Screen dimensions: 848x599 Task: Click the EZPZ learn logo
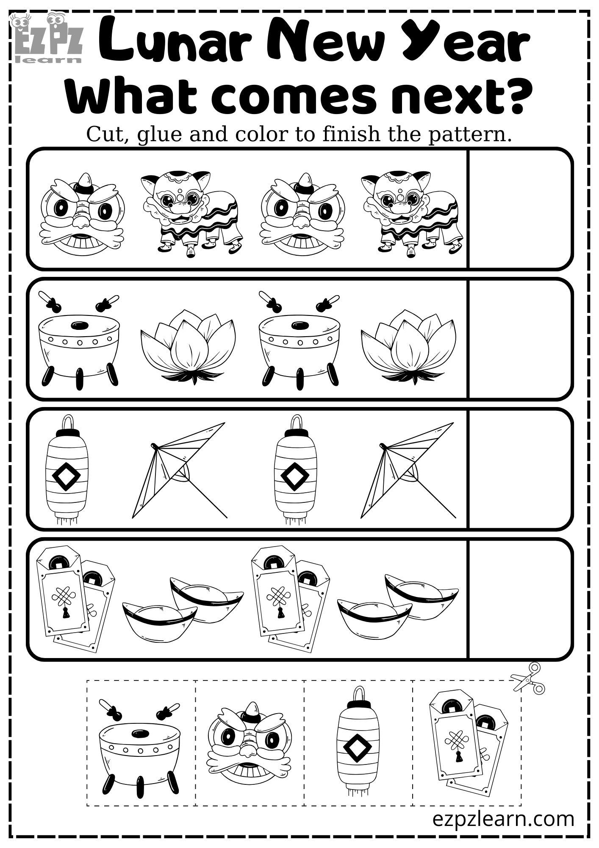[47, 38]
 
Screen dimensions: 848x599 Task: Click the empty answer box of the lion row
[520, 209]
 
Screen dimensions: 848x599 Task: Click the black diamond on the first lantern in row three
[66, 477]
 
